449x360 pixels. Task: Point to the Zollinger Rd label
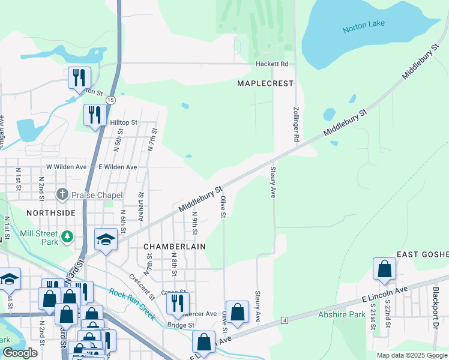(x=296, y=125)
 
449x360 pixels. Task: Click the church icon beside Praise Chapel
(x=62, y=195)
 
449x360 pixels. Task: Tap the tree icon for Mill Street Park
(x=68, y=237)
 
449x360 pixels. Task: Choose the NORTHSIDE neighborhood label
(x=50, y=212)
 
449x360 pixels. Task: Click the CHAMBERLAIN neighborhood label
(x=174, y=247)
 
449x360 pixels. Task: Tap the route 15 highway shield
(x=110, y=99)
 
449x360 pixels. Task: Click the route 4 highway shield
(x=283, y=321)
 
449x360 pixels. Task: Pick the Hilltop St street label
(x=124, y=122)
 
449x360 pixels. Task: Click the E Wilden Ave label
(x=118, y=167)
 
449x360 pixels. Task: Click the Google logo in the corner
(x=20, y=353)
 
